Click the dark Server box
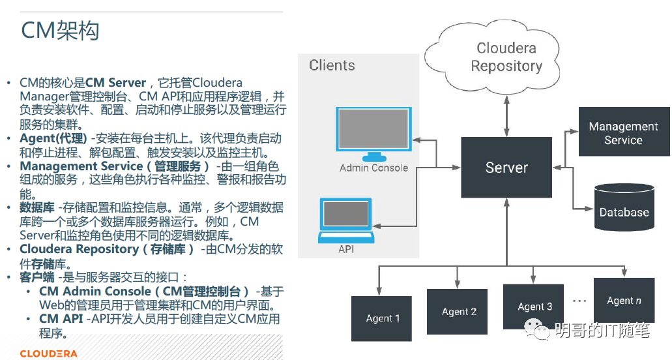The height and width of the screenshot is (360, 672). point(506,167)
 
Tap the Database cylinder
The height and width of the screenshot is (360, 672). point(624,207)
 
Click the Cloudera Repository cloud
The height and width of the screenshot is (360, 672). point(506,57)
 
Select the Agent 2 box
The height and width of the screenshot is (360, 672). point(459,311)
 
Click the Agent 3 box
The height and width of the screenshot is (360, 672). point(534,306)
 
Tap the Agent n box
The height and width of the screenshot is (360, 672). point(624,300)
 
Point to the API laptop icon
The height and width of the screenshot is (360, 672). point(345,220)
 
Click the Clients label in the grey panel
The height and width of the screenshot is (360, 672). point(332,65)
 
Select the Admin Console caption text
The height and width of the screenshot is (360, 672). point(373,168)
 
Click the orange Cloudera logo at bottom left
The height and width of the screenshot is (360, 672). point(48,353)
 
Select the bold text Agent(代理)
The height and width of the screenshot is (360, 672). point(53,138)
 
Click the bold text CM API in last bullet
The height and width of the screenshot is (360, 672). point(61,319)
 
